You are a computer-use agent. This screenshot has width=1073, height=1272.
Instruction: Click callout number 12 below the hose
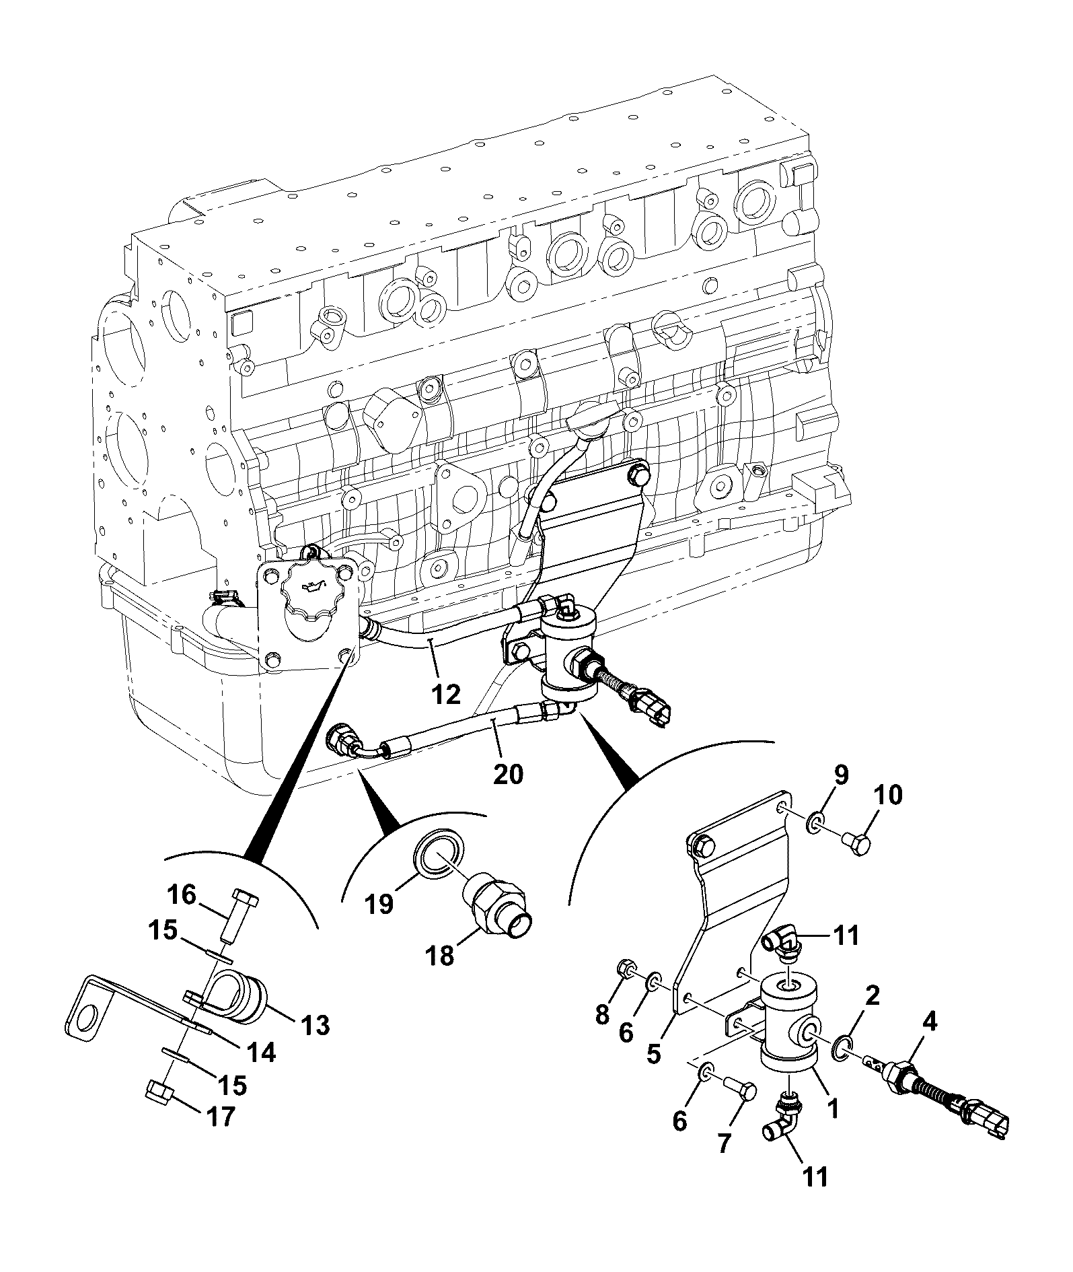tap(446, 693)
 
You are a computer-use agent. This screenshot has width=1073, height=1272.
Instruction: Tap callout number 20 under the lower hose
tap(508, 775)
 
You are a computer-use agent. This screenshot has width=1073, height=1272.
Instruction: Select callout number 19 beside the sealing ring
tap(379, 904)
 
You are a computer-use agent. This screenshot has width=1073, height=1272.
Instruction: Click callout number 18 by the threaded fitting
tap(441, 956)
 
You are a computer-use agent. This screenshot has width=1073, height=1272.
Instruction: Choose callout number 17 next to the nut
tap(219, 1117)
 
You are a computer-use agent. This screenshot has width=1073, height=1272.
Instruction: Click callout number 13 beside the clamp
tap(315, 1026)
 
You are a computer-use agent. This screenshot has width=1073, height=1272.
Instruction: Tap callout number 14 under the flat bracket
tap(260, 1051)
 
